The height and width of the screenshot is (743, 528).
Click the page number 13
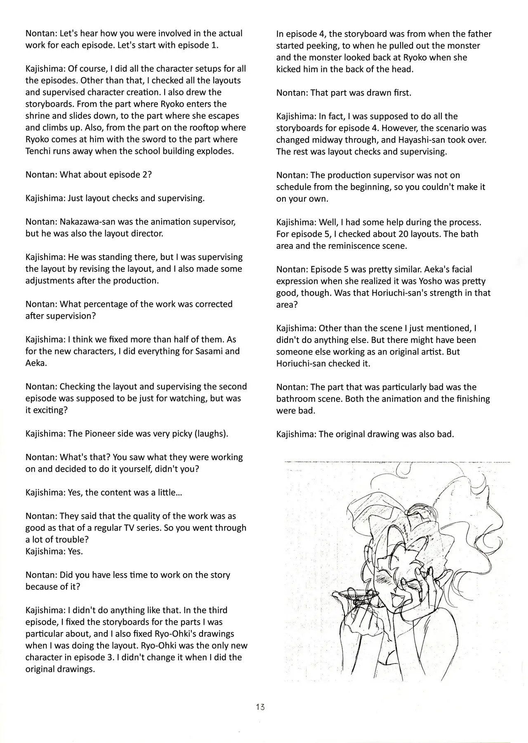pos(260,707)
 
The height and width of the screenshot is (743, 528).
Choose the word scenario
pos(449,128)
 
